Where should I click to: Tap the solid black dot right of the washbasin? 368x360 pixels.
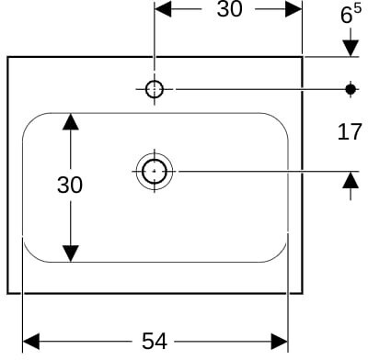point(351,89)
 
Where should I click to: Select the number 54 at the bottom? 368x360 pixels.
point(155,341)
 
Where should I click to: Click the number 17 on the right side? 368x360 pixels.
point(350,132)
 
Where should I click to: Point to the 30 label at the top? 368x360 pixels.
point(229,9)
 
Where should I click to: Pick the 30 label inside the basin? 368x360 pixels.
point(70,185)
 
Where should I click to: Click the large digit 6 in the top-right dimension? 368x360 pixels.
point(346,16)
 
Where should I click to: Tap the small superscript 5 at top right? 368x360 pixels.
point(358,9)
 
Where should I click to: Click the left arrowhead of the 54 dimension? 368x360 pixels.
point(31,342)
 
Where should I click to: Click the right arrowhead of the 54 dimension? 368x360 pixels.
point(279,342)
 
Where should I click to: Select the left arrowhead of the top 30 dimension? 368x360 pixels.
point(163,9)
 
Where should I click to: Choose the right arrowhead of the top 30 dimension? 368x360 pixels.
point(293,9)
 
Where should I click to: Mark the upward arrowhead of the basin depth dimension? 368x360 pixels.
point(71,121)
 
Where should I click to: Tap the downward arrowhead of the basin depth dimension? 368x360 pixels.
point(71,253)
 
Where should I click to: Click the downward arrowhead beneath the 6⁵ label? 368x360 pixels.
point(351,48)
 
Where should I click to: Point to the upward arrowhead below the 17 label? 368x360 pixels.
point(351,180)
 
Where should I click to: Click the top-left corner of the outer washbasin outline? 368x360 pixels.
point(7,57)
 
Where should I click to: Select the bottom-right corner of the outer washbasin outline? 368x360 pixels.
point(303,294)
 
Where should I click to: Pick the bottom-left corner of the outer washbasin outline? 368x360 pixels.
point(7,294)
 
